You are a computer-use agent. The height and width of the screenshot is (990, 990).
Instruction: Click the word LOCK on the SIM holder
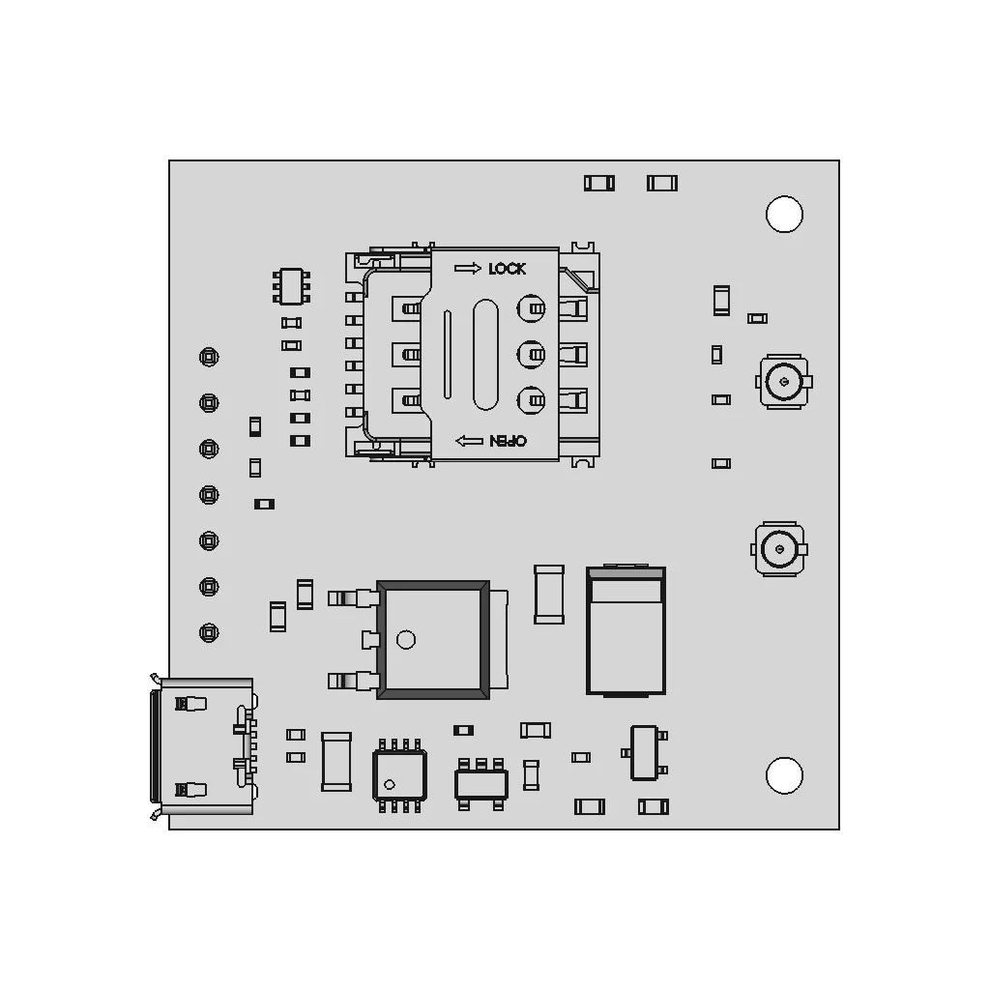(x=507, y=269)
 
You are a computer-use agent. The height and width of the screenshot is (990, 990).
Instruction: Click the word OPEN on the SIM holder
(x=509, y=441)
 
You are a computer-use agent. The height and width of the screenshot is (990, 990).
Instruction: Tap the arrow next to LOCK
(x=468, y=269)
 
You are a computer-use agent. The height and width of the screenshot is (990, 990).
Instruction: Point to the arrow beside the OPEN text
(x=469, y=441)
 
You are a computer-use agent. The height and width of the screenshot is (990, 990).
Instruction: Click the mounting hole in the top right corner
(x=784, y=214)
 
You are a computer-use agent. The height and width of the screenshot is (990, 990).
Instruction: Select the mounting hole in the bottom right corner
(x=784, y=774)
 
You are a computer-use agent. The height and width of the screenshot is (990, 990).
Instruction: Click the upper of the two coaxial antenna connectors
(x=784, y=381)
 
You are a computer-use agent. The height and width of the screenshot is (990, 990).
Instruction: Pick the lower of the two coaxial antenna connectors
(x=779, y=548)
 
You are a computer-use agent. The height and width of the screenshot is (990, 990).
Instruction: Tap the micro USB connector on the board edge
(x=203, y=746)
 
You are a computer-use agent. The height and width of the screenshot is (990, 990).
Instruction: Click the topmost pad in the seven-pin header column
(x=209, y=357)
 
